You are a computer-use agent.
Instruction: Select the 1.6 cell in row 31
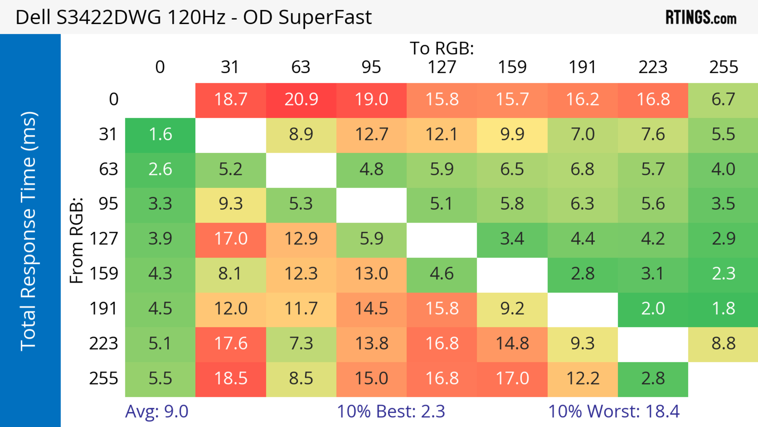pos(160,135)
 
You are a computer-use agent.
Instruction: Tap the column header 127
pos(442,67)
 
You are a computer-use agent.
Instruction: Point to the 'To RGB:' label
pos(442,48)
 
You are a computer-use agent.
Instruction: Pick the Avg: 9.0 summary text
pos(157,411)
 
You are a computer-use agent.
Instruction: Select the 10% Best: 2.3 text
pos(391,411)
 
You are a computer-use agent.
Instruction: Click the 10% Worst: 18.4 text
pos(614,411)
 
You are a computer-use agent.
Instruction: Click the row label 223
pos(104,344)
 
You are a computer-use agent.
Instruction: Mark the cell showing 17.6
pos(231,344)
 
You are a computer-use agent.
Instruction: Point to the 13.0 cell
pos(371,274)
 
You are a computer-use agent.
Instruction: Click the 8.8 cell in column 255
pos(723,344)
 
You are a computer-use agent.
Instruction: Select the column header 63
pos(301,67)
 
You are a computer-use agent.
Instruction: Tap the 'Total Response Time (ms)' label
pos(29,231)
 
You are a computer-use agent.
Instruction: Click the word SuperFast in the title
pos(325,17)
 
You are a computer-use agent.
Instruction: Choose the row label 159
pos(104,274)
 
